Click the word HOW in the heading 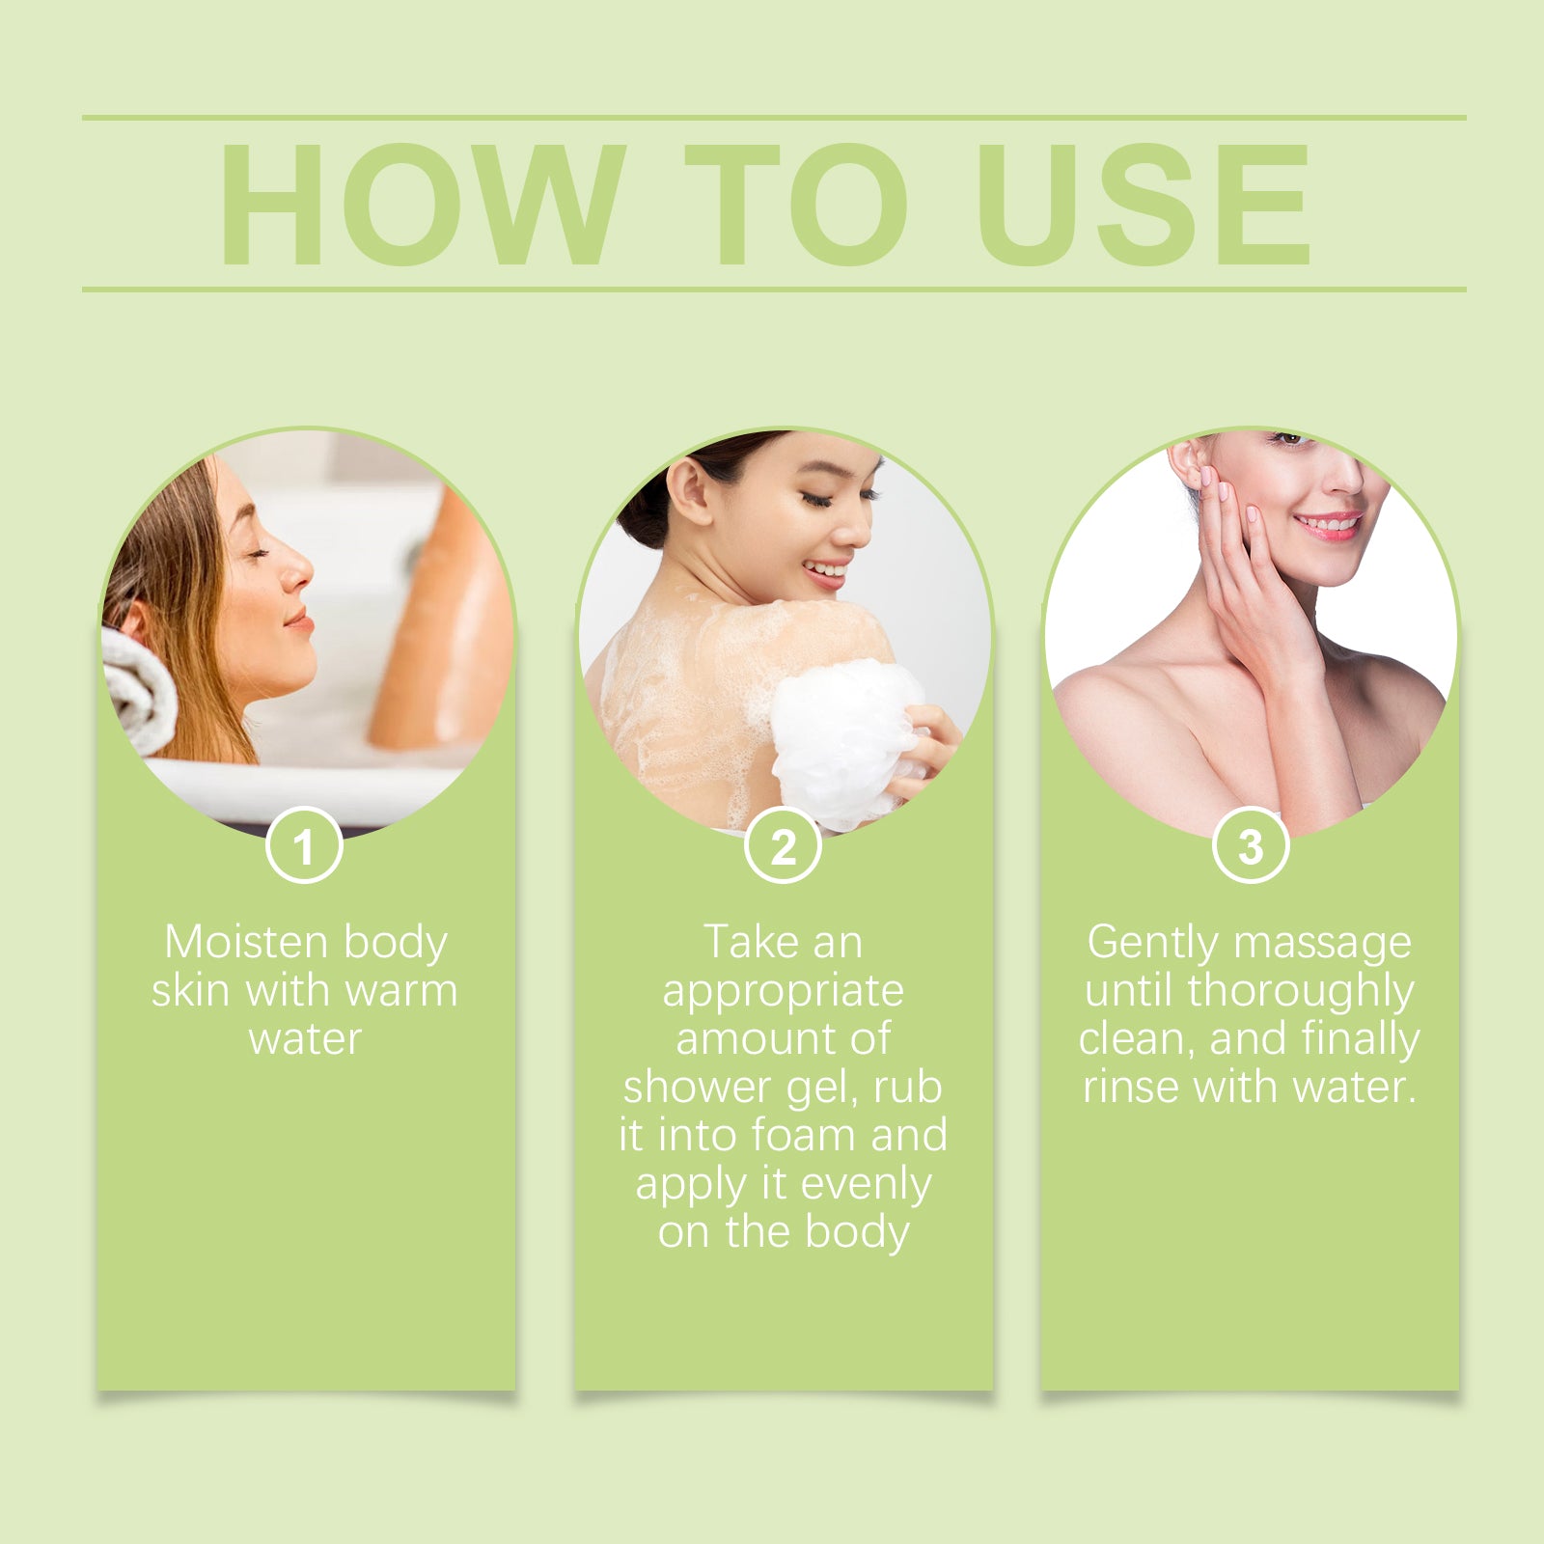tap(423, 204)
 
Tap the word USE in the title tap(1144, 204)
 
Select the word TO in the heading tap(797, 204)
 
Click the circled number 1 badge tap(304, 845)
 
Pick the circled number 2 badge tap(783, 845)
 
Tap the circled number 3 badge tap(1251, 845)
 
